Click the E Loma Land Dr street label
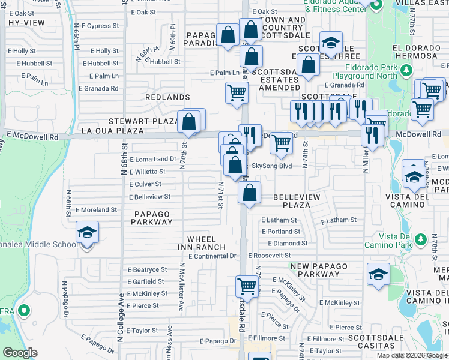click(x=153, y=159)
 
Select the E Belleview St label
click(x=150, y=197)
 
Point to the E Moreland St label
click(x=97, y=210)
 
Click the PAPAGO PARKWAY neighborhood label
click(x=152, y=218)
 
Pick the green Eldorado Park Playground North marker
click(x=406, y=72)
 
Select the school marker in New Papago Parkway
click(x=378, y=274)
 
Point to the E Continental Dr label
click(x=212, y=256)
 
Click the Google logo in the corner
click(x=20, y=353)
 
